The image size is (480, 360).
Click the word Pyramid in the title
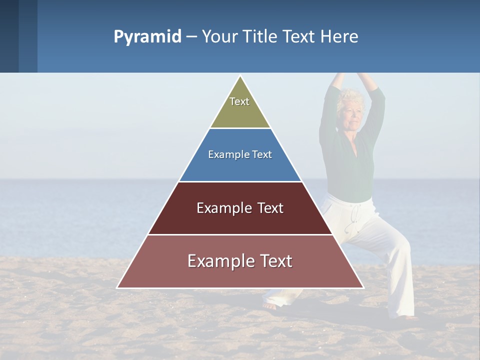(x=147, y=37)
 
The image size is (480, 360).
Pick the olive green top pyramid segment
(x=240, y=112)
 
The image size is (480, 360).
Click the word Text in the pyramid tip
(x=239, y=101)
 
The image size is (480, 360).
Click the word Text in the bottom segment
(x=273, y=261)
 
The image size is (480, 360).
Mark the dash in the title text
(x=191, y=37)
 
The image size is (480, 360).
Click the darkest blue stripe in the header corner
(x=9, y=36)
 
